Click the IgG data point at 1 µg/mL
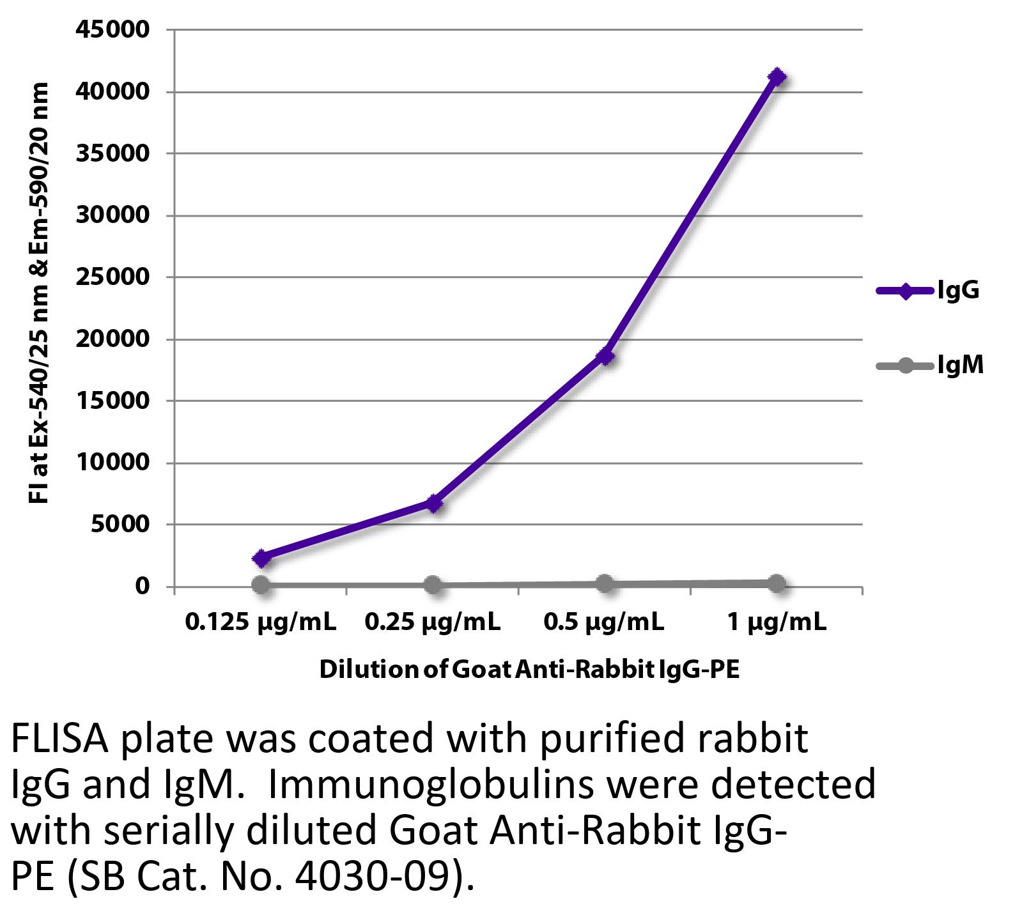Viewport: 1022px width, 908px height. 777,77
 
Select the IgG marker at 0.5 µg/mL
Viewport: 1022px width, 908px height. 605,356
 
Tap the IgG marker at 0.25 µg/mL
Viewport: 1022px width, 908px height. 433,504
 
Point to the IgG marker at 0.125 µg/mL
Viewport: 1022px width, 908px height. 261,558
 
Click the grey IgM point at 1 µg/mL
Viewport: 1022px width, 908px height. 777,583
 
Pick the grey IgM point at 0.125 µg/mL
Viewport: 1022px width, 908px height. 261,584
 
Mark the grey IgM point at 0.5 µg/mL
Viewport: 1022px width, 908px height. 605,583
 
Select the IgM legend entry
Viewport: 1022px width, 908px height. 929,366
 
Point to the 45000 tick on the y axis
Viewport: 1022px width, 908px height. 112,29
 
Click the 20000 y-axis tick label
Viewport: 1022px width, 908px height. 112,339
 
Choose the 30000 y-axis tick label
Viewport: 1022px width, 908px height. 112,215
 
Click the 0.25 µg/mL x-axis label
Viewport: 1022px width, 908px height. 433,621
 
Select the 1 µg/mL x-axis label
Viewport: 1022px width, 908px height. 777,621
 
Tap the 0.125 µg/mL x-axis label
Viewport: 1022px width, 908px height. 261,621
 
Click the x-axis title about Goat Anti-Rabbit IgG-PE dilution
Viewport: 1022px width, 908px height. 529,670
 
